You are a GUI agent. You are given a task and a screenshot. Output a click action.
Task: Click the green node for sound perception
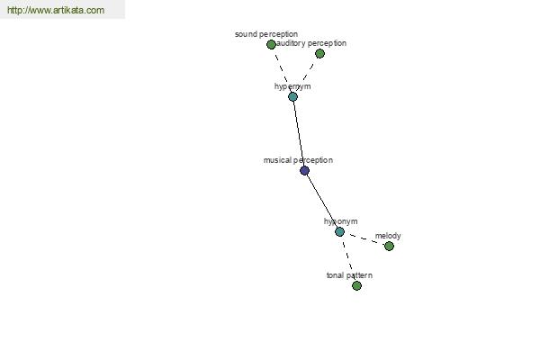[271, 44]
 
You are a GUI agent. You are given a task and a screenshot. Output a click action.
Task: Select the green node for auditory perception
[319, 54]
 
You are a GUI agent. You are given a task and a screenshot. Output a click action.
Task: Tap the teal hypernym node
[292, 96]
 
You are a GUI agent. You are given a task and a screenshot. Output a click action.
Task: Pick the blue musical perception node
[304, 170]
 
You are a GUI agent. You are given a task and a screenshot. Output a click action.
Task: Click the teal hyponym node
[339, 231]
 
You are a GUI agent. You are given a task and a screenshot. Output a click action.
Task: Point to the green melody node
[389, 246]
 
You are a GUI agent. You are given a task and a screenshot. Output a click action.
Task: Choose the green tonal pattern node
[356, 285]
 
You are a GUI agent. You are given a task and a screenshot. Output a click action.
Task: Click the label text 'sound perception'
[265, 34]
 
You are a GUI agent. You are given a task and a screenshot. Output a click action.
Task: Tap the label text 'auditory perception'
[312, 43]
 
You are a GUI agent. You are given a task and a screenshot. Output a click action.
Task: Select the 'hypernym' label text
[292, 86]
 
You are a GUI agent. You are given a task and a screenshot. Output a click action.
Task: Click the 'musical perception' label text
[298, 160]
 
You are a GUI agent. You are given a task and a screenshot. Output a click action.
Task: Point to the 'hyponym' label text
[341, 221]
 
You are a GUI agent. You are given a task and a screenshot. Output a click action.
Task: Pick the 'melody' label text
[388, 236]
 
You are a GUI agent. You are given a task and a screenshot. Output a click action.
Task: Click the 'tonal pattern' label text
[349, 275]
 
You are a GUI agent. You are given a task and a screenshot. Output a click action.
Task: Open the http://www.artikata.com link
[56, 11]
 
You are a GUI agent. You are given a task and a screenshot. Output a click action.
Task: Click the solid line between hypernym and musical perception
[298, 133]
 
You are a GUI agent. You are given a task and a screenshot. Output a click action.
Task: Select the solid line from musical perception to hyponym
[321, 201]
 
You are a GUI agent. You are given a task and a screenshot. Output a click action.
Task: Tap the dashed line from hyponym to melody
[364, 238]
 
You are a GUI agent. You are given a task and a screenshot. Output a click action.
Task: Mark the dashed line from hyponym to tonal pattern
[348, 259]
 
